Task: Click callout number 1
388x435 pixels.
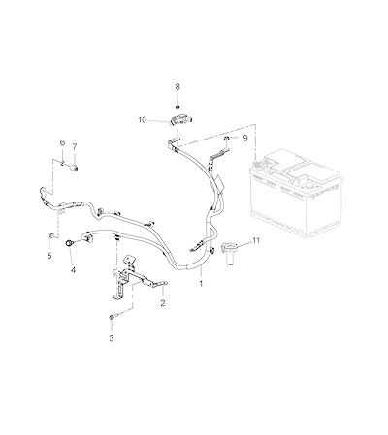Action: [x=201, y=284]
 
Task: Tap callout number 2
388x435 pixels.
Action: [x=163, y=303]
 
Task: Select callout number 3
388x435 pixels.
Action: [x=112, y=338]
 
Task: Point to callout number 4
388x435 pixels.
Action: [x=73, y=270]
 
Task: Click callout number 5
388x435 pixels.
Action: [x=49, y=256]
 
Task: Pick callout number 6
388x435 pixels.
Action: [x=62, y=142]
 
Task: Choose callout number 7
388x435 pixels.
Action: [x=75, y=147]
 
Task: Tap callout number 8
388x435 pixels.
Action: [x=178, y=86]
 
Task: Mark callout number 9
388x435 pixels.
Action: [x=245, y=138]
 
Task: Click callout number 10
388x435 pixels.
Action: [x=142, y=120]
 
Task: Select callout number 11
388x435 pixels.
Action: [x=256, y=240]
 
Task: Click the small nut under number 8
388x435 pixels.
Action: [x=178, y=107]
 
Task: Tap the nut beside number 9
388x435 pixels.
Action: [x=227, y=139]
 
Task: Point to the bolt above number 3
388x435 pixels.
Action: [x=111, y=318]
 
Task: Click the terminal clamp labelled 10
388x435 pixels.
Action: [x=179, y=120]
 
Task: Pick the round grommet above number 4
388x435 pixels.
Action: [x=69, y=243]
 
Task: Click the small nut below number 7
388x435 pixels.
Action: [x=75, y=168]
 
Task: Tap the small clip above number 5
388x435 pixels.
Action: [x=50, y=234]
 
